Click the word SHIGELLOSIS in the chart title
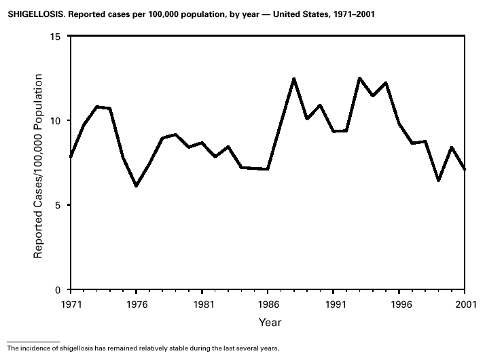pyautogui.click(x=29, y=14)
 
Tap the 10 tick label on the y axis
pyautogui.click(x=56, y=121)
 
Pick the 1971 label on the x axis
pyautogui.click(x=70, y=304)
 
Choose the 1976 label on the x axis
pyautogui.click(x=136, y=304)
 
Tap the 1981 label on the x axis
pyautogui.click(x=202, y=304)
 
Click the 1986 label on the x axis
pyautogui.click(x=268, y=304)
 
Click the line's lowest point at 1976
pyautogui.click(x=136, y=185)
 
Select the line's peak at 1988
pyautogui.click(x=294, y=79)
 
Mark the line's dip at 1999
pyautogui.click(x=439, y=181)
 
